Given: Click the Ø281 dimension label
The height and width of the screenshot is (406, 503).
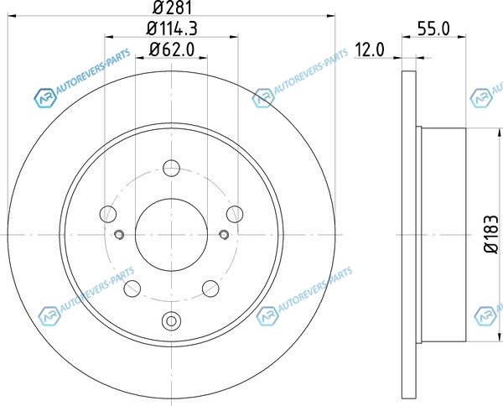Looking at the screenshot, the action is click(172, 8).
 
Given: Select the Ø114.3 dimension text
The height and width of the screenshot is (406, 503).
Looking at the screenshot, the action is click(172, 29).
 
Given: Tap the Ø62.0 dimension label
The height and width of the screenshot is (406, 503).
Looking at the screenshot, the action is click(172, 49).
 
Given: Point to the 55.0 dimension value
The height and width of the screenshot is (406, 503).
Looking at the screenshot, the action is click(433, 29).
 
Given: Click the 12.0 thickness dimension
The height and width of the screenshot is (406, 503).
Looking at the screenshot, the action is click(369, 49).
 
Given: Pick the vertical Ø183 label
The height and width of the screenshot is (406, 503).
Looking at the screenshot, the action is click(491, 234).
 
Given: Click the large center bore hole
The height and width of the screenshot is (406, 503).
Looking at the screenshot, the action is click(171, 235).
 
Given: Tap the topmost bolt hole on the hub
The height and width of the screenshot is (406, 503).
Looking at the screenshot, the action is click(171, 168).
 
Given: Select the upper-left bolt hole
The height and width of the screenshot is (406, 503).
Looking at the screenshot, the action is click(108, 214).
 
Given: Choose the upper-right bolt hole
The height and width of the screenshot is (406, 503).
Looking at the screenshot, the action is click(235, 214).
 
